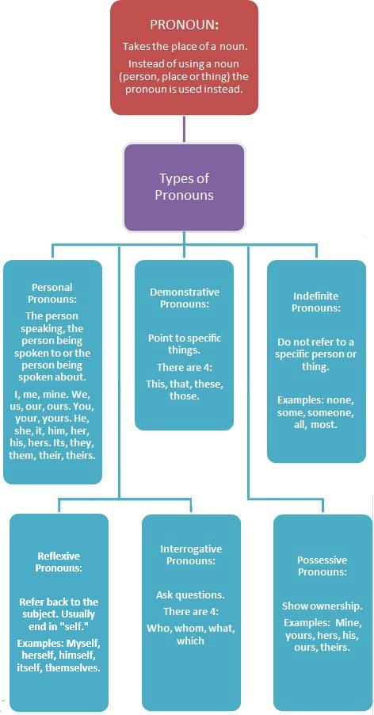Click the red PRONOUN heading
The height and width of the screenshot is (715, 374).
(184, 25)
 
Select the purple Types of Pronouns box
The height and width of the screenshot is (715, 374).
(184, 187)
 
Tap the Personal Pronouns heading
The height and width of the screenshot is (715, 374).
(52, 293)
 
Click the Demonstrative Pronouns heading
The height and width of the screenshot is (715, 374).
(185, 298)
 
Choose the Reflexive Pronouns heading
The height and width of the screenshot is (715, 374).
(59, 562)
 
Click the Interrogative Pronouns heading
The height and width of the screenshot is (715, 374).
(191, 555)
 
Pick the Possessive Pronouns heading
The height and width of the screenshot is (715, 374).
(322, 565)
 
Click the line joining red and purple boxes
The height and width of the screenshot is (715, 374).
(184, 129)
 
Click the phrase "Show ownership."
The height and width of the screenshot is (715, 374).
(322, 606)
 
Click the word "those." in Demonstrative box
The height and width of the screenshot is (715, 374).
(185, 396)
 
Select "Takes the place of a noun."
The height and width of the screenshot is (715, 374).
(184, 47)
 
